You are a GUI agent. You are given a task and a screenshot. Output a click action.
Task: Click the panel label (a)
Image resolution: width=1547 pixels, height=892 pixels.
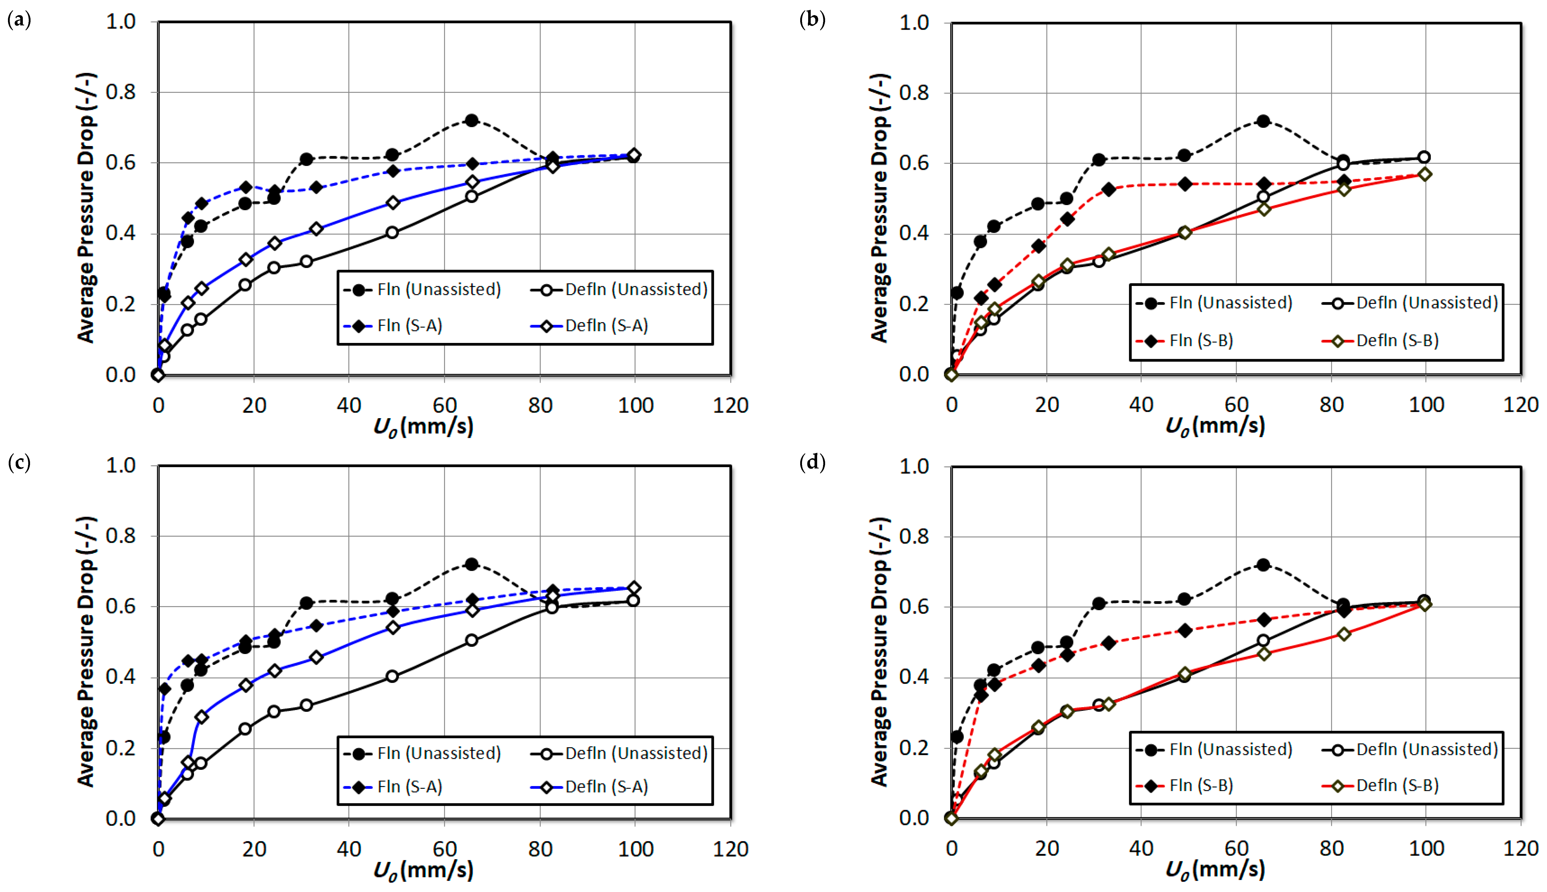pos(19,20)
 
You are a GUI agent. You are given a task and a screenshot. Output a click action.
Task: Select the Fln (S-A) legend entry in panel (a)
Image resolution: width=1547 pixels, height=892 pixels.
pos(409,325)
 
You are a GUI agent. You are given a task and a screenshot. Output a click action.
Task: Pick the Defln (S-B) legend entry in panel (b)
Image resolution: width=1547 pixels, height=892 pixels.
pos(1397,341)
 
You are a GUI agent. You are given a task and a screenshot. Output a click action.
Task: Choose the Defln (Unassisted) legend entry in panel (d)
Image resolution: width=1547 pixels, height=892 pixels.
pos(1426,749)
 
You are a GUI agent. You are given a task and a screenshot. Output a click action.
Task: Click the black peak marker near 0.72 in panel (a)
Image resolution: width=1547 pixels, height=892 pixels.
pos(471,120)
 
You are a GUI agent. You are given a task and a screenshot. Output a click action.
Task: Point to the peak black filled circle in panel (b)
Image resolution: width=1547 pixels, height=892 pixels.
pos(1263,121)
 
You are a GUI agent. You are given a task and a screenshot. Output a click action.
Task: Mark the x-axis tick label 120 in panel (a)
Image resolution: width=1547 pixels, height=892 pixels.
pos(730,406)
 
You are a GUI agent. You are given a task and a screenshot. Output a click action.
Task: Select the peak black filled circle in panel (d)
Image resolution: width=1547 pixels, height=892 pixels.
pos(1263,564)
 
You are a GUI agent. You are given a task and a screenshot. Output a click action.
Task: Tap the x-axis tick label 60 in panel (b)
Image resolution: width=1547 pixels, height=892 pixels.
pos(1236,405)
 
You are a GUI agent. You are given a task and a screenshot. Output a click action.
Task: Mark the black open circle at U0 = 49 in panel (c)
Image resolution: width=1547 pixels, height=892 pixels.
pos(392,676)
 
